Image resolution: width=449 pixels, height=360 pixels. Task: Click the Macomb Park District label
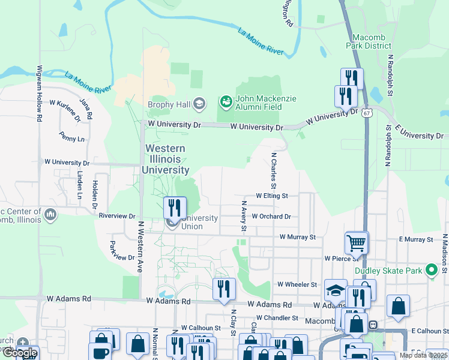coord(369,41)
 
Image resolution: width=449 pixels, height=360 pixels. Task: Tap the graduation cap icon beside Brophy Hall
coord(199,104)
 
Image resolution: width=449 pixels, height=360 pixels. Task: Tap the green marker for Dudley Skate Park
coord(430,271)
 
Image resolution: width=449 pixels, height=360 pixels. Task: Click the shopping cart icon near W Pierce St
coord(357,242)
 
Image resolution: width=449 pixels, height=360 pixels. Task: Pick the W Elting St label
coord(272,196)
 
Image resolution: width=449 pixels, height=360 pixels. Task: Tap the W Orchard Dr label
coord(271,216)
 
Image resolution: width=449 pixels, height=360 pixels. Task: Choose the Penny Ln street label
coord(73,139)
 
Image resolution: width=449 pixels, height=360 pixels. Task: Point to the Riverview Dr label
coord(118,215)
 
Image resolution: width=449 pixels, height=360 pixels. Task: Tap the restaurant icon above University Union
coord(175,208)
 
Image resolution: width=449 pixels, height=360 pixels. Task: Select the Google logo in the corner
coord(19,353)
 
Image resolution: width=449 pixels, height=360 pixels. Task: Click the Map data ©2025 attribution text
coord(423,355)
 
